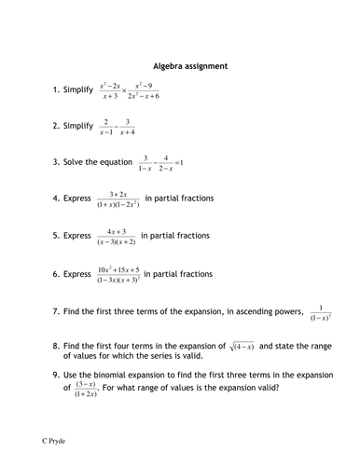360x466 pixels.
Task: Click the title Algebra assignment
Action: [x=183, y=67]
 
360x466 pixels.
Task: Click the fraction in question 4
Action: [x=130, y=199]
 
